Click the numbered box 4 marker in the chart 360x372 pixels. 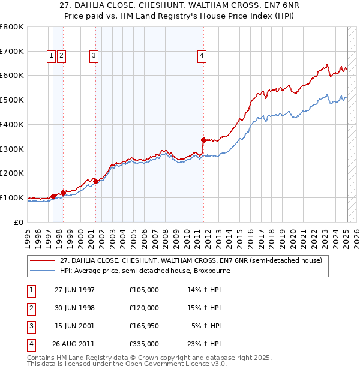[x=203, y=56]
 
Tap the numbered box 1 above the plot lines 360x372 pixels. [x=52, y=56]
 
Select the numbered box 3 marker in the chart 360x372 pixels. [x=94, y=56]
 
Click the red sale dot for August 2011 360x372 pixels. [x=203, y=140]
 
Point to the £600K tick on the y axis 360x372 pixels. [x=13, y=76]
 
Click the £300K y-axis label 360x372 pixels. [x=13, y=149]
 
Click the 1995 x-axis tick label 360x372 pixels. [x=28, y=233]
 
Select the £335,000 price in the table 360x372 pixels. [x=144, y=344]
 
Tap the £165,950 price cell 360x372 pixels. [x=144, y=326]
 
